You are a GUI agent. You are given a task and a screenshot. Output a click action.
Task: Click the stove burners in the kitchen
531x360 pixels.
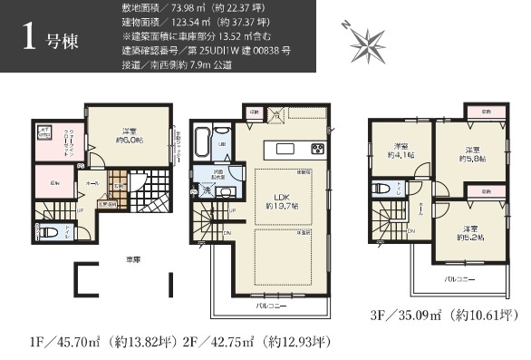click(317, 149)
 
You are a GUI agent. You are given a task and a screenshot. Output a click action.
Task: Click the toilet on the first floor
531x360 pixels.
click(50, 232)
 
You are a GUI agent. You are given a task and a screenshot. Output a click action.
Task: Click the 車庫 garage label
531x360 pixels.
click(133, 260)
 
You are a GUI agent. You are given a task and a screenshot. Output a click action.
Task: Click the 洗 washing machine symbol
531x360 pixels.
click(206, 191)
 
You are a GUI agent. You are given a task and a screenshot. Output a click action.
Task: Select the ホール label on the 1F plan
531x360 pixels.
click(90, 181)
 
